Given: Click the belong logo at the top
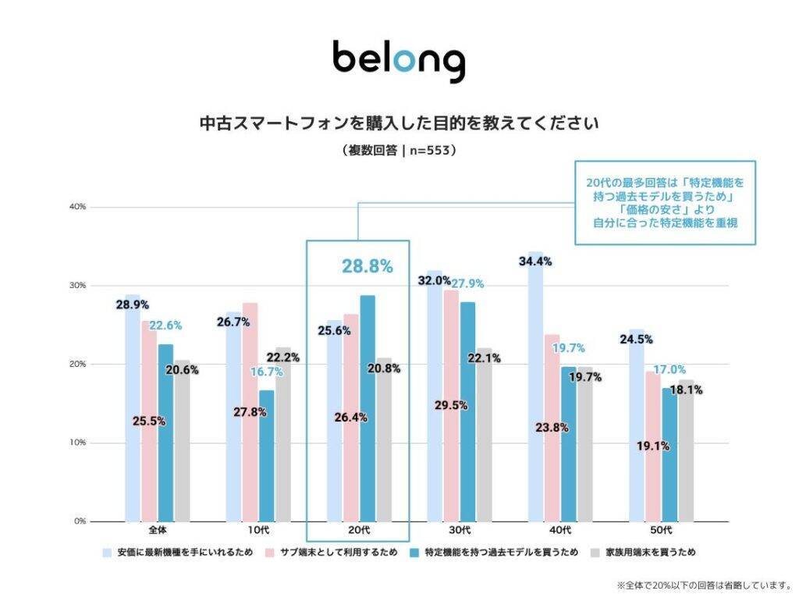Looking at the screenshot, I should click(399, 59).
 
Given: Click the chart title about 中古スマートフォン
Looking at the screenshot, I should click(399, 123).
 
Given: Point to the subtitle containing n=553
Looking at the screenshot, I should click(399, 150).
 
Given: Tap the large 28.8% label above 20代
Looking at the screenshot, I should click(367, 266).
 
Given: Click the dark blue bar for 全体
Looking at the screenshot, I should click(165, 432).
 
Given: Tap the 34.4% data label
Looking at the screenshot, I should click(534, 262).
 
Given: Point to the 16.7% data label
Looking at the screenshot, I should click(267, 372).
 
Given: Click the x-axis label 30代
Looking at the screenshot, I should click(460, 531).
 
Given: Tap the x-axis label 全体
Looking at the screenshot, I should click(158, 531).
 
